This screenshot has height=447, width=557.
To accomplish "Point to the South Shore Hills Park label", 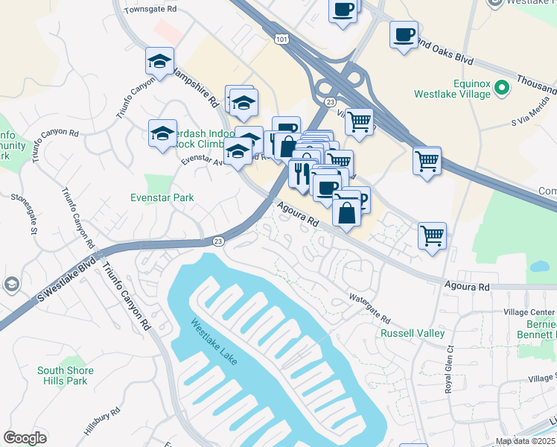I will tap(66, 375).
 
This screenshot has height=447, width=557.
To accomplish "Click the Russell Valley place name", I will tap(413, 334).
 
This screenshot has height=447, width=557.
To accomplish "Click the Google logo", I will tap(25, 438).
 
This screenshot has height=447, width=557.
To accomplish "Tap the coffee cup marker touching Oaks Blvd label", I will tap(404, 34).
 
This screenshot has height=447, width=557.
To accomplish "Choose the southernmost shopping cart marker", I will tap(432, 235).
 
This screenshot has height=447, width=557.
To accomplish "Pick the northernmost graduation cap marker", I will tap(159, 61).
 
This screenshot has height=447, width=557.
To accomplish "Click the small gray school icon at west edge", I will tap(11, 284).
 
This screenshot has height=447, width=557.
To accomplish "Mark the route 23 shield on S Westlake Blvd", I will tap(218, 241).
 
